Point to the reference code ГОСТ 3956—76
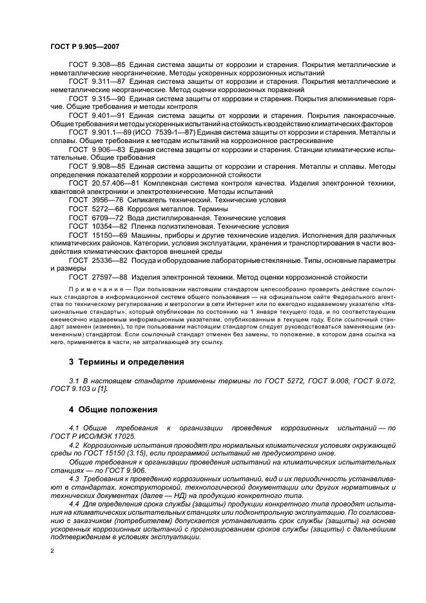click(95, 200)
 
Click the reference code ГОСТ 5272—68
click(95, 209)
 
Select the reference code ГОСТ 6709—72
click(95, 218)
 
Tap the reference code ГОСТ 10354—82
click(97, 226)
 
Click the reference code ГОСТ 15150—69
click(97, 235)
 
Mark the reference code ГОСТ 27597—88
click(97, 277)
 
